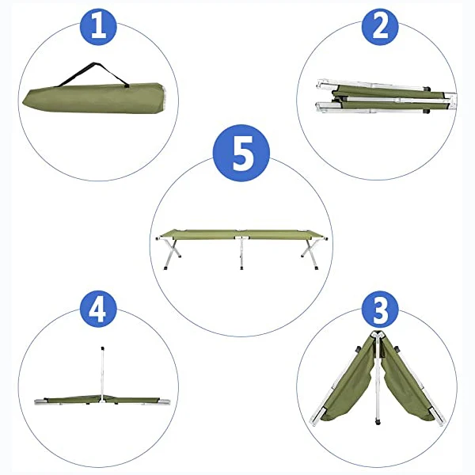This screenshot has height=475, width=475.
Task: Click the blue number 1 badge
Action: coord(98,27)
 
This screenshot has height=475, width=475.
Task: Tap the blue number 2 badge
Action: coord(380,27)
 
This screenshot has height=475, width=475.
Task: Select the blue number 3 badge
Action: coord(380,311)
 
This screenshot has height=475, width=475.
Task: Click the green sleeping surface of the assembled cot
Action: coord(240,234)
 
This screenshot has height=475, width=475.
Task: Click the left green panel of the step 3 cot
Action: coord(348,388)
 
